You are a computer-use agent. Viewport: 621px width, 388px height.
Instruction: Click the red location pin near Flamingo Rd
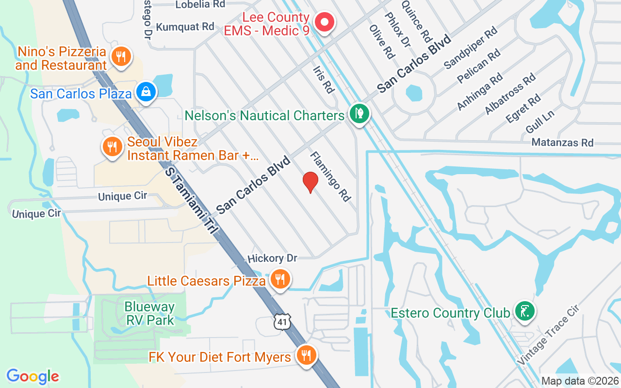(x=310, y=182)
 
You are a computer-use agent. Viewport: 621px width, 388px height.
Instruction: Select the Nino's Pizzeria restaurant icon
(x=119, y=57)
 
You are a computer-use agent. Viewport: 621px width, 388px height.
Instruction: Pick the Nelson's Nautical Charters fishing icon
(x=360, y=114)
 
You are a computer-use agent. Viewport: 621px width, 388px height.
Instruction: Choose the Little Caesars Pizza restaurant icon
(x=280, y=279)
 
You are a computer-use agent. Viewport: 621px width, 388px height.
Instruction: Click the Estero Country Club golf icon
(x=524, y=311)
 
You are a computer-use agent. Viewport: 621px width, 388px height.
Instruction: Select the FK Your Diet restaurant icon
(x=306, y=356)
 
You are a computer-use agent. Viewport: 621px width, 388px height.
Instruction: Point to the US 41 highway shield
(x=281, y=322)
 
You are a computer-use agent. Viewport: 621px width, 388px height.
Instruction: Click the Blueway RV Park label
(x=149, y=313)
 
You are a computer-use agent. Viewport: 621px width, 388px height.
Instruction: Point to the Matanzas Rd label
(x=562, y=143)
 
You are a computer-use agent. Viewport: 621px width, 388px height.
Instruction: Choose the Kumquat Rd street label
(x=185, y=26)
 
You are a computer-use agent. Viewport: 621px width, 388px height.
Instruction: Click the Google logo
(x=33, y=376)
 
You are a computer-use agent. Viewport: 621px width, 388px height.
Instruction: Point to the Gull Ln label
(x=539, y=122)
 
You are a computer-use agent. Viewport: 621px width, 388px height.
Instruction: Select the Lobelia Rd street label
(x=200, y=4)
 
